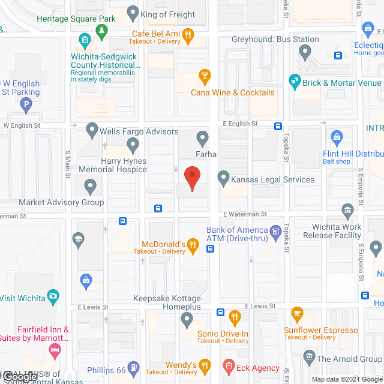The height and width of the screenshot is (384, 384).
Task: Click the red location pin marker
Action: [191, 179]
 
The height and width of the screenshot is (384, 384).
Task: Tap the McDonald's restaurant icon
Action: [192, 244]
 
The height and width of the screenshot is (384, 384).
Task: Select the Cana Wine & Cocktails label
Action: [232, 92]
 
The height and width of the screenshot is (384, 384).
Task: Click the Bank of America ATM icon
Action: [275, 230]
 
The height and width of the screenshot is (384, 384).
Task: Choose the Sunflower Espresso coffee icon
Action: [296, 313]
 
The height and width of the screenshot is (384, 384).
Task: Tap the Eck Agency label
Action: [258, 368]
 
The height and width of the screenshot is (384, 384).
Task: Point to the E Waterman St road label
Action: [245, 214]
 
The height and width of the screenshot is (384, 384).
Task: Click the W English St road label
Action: [22, 125]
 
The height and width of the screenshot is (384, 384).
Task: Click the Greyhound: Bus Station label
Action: [276, 40]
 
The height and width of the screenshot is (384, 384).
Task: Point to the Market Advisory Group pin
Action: [90, 188]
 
